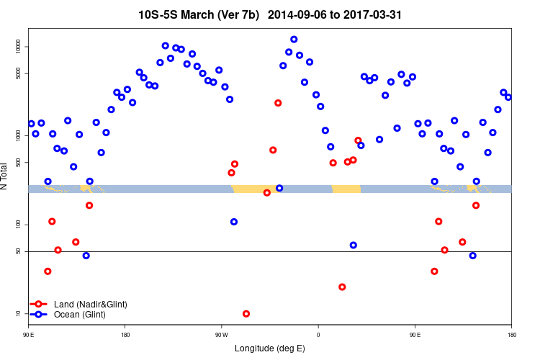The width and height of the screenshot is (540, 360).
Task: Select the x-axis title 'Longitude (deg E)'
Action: pyautogui.click(x=270, y=348)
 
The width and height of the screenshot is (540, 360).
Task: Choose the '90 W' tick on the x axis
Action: pyautogui.click(x=221, y=335)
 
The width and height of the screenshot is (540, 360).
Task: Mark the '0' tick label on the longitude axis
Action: pyautogui.click(x=318, y=335)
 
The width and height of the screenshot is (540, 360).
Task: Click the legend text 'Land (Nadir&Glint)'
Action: pyautogui.click(x=91, y=305)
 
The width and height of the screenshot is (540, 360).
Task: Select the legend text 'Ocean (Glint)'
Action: pyautogui.click(x=80, y=315)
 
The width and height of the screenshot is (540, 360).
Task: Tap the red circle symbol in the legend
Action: pyautogui.click(x=38, y=305)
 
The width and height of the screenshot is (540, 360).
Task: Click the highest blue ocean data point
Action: pyautogui.click(x=294, y=39)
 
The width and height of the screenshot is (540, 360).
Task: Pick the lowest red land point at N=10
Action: pyautogui.click(x=246, y=314)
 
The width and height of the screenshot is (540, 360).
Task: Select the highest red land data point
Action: pyautogui.click(x=278, y=103)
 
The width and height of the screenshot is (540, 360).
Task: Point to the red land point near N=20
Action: pyautogui.click(x=342, y=287)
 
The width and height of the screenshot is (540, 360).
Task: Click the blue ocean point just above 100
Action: pyautogui.click(x=234, y=222)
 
